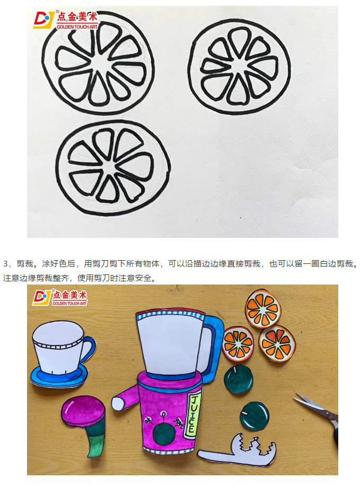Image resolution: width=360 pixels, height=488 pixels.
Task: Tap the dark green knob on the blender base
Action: coord(164,434)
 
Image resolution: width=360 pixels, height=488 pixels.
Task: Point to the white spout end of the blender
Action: coord(118,404)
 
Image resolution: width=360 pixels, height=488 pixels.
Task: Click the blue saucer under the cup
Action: coord(59,376)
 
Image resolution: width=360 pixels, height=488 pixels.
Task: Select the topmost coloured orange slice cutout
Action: coord(263,308)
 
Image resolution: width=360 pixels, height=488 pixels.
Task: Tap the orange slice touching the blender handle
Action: coord(238,344)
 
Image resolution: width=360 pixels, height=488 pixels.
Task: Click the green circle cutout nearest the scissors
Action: coord(254,416)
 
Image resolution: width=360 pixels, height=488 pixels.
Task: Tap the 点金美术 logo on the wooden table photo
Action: coord(60,298)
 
